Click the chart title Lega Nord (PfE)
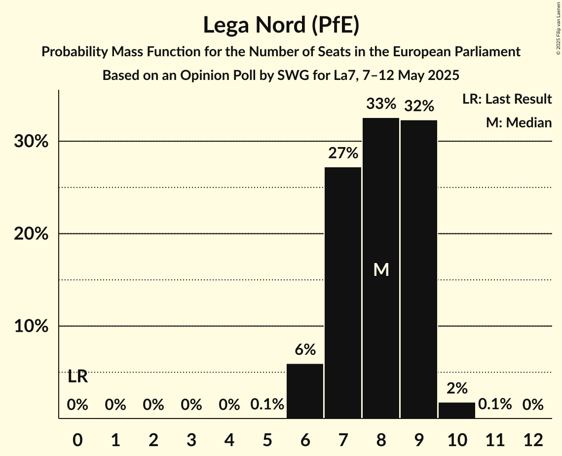281,25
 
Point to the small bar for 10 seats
457,410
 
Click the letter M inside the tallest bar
381,269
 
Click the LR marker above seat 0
77,377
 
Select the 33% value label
381,104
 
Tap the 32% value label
419,106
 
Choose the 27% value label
343,153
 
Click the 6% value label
305,350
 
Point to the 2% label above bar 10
457,388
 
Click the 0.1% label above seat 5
267,405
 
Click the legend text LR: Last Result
507,99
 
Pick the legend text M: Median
519,122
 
